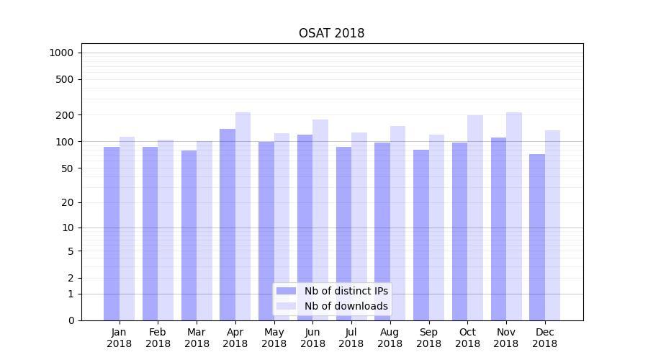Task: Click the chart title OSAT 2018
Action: (x=331, y=33)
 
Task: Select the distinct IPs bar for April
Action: (x=228, y=223)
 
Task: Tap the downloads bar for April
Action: (x=243, y=216)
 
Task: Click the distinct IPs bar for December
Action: (x=537, y=238)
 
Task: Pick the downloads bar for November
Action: (x=514, y=216)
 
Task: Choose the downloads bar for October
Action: (x=475, y=216)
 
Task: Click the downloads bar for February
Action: (x=166, y=230)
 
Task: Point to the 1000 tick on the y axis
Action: (x=61, y=53)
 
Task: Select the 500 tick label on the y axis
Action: (x=66, y=79)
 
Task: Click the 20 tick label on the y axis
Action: (x=68, y=202)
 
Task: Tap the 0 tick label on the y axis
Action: (x=71, y=320)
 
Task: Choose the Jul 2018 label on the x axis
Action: (x=351, y=338)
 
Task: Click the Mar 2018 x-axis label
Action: (x=197, y=338)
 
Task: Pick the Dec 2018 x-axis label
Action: (x=544, y=338)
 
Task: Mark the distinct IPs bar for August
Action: (x=382, y=230)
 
